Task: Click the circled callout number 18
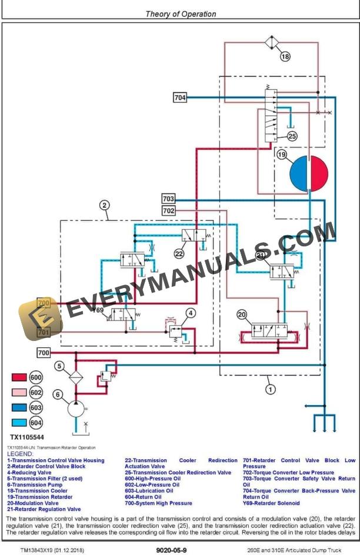tap(285, 57)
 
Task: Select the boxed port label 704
tap(180, 98)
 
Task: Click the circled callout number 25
tap(292, 136)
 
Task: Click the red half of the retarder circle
tap(319, 173)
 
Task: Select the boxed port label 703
tap(168, 199)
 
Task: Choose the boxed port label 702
tap(168, 210)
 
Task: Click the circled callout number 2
tap(104, 205)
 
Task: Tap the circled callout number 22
tap(179, 253)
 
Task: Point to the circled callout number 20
tap(242, 315)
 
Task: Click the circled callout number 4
tap(190, 313)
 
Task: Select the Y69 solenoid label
tap(98, 310)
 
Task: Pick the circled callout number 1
tap(270, 389)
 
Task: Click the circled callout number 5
tap(59, 366)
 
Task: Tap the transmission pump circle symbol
tap(75, 407)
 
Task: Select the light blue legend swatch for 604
tap(19, 422)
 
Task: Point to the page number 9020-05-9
tap(172, 549)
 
